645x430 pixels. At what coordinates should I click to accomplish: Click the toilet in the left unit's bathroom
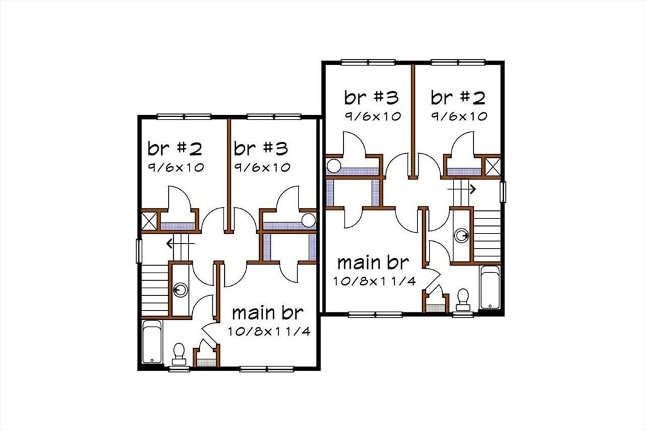coord(179,353)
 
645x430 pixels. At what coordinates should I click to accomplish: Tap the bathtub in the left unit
coord(152,342)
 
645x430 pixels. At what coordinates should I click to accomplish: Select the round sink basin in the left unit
coord(181,290)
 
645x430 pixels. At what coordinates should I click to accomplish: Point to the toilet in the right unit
coord(464,298)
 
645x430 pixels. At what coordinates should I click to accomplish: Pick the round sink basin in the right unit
coord(463,235)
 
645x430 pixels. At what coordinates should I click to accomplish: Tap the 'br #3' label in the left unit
coord(261,149)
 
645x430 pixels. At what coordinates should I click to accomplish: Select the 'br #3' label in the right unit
coord(372,98)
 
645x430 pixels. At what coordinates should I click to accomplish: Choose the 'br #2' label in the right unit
coord(458,98)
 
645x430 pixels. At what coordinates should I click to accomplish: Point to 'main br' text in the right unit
coord(374,262)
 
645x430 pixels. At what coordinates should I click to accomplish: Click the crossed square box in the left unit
coord(150,222)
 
